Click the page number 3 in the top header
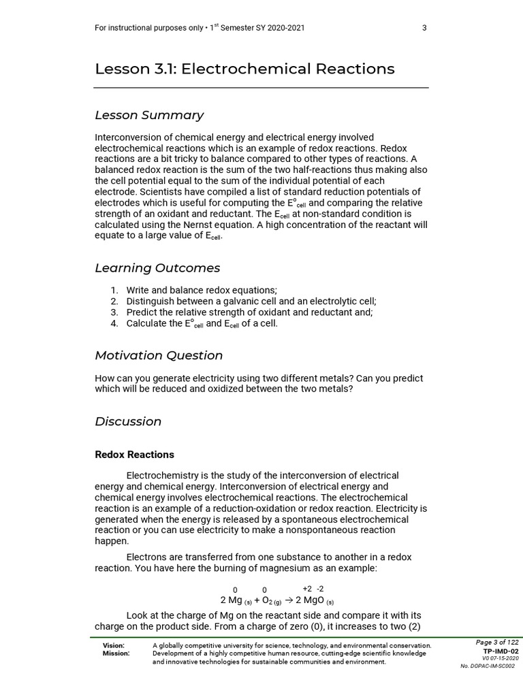[424, 28]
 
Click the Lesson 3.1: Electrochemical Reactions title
[244, 69]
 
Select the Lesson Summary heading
[149, 115]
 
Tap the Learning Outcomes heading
[157, 268]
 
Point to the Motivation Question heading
[159, 355]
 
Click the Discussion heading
[128, 421]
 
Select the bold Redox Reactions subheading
[134, 455]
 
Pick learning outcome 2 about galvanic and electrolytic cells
[251, 302]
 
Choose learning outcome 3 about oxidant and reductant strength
[249, 312]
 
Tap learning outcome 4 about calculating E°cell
[202, 324]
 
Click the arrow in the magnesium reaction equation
[288, 600]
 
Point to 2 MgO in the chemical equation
[311, 600]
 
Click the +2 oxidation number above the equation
[307, 589]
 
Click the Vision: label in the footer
[113, 645]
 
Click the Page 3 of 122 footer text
[496, 643]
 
